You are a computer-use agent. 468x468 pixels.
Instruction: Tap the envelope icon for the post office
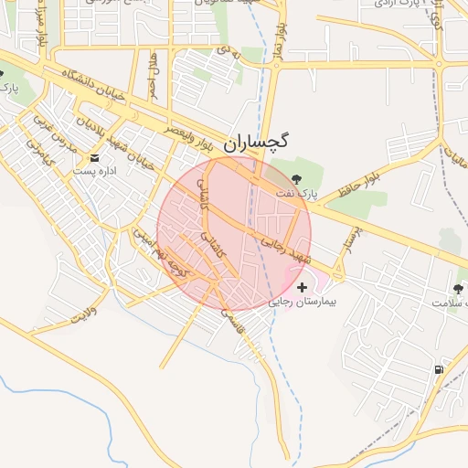tap(95, 158)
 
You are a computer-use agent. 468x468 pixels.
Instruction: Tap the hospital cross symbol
tap(303, 287)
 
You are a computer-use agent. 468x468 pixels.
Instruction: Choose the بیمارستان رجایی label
tap(303, 301)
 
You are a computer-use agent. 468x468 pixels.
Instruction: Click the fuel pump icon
tap(440, 369)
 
